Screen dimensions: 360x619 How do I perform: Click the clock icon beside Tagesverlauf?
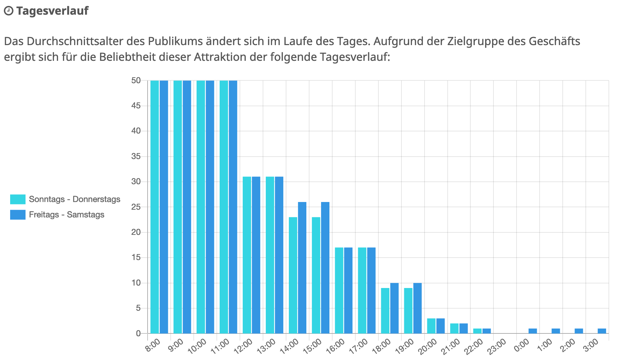[x=8, y=11]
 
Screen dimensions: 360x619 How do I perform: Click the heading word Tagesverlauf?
[x=52, y=11]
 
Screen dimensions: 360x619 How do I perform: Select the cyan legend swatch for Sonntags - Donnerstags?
[x=18, y=199]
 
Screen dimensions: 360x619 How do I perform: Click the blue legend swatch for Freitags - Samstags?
[x=18, y=215]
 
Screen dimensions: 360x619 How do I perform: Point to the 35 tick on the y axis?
[x=136, y=156]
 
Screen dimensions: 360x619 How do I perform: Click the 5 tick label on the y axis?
[x=138, y=308]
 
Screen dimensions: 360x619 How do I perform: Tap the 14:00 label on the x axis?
[x=290, y=346]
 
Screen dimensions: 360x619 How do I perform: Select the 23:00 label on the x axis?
[x=497, y=346]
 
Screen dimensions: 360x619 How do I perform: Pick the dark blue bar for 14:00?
[x=302, y=268]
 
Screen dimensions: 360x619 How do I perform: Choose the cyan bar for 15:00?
[x=316, y=275]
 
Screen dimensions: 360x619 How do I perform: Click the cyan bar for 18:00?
[x=385, y=310]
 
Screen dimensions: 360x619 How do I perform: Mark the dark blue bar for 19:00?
[x=417, y=308]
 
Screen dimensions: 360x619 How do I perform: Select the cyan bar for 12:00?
[x=247, y=255]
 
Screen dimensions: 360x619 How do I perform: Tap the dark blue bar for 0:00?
[x=533, y=331]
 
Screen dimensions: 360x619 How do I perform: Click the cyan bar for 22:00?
[x=477, y=331]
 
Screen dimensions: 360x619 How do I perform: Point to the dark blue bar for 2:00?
[x=579, y=331]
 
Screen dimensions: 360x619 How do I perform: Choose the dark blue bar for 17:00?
[x=371, y=290]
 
